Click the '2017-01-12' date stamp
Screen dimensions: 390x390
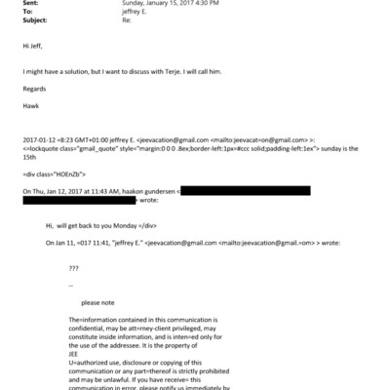click(39, 139)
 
